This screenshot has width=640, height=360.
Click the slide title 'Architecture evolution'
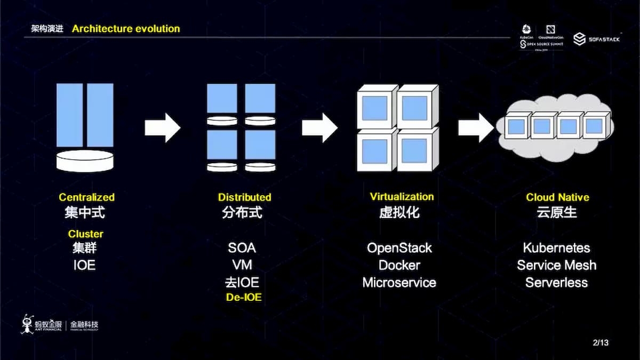tap(126, 29)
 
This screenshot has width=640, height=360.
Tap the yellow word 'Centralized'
tap(86, 197)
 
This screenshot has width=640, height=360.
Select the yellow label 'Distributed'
tap(244, 197)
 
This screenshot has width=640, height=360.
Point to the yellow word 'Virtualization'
tap(402, 197)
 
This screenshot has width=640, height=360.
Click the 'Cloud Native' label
tap(557, 197)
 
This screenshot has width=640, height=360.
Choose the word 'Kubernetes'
tap(556, 248)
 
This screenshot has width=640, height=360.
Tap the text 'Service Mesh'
tap(556, 265)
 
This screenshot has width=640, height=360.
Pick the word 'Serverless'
tap(556, 283)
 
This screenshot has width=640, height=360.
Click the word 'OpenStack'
tap(399, 248)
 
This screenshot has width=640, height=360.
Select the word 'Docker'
tap(399, 265)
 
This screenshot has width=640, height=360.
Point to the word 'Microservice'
tap(399, 283)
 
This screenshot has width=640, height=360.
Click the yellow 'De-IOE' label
tap(244, 298)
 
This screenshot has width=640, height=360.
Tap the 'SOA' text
tap(242, 248)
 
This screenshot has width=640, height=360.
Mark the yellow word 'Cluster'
tap(85, 234)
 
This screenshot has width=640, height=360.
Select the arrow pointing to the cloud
tap(476, 128)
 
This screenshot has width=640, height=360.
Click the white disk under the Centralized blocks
tap(85, 161)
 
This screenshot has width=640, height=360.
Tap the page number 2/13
tap(601, 342)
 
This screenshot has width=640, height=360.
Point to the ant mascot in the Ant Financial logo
tap(27, 324)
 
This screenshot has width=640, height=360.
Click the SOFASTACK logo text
tap(604, 39)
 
